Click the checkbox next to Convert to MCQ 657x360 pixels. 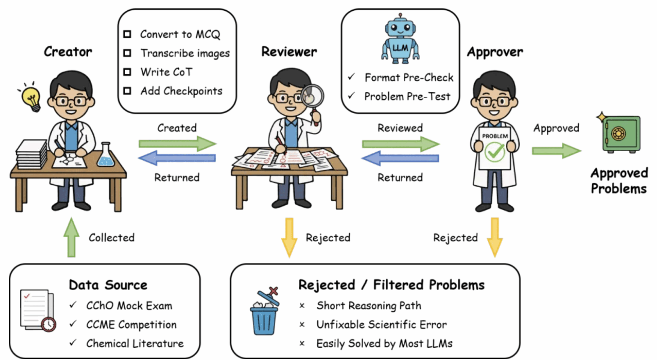point(127,34)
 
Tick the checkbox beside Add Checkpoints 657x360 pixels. point(127,91)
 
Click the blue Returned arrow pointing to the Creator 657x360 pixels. point(177,158)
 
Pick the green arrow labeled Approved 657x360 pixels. point(556,150)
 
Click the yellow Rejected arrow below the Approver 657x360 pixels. point(495,237)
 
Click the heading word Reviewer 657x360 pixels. point(289,51)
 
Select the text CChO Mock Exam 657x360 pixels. point(129,306)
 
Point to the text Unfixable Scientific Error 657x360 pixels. point(381,325)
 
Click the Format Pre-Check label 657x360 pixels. point(409,78)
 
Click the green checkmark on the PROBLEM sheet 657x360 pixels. point(494,152)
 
